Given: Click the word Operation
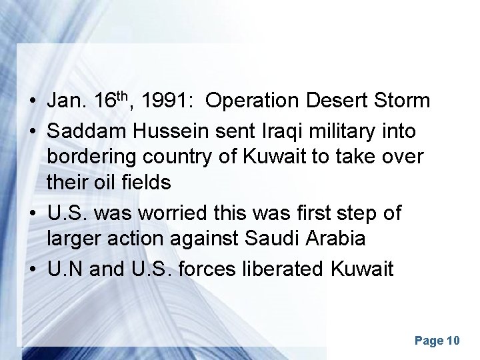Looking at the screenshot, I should pyautogui.click(x=253, y=101).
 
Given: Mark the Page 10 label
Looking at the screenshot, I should pyautogui.click(x=437, y=341).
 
